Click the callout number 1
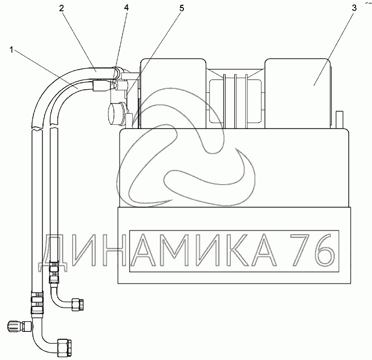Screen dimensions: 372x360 (x=11, y=50)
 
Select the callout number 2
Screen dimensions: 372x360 (x=62, y=8)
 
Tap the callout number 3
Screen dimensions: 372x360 (x=354, y=8)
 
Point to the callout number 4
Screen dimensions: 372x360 (x=126, y=8)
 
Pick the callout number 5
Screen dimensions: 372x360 (x=182, y=8)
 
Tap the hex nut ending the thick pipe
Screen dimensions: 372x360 (x=65, y=345)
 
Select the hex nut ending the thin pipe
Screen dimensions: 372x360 (x=78, y=304)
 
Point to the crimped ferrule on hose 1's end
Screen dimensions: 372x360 (x=102, y=86)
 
